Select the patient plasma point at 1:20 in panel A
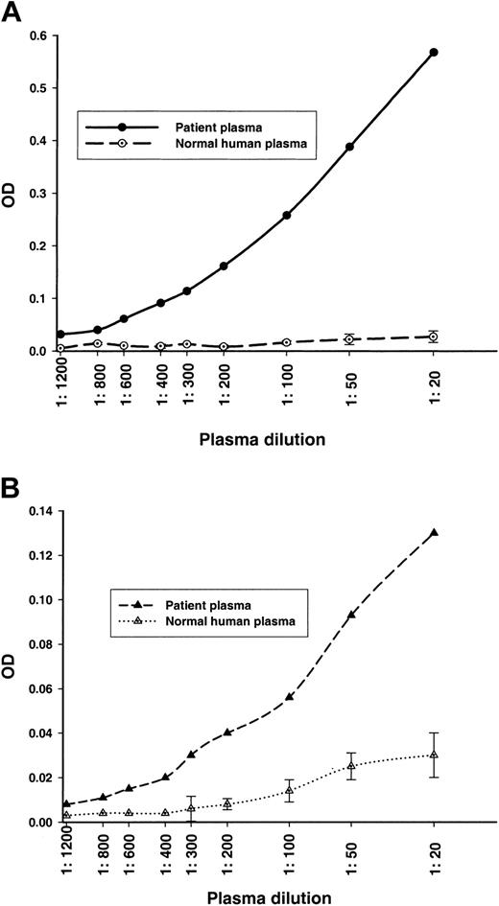point(434,52)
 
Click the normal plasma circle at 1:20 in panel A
point(434,337)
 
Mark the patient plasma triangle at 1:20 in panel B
point(434,532)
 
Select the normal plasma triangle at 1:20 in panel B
point(434,755)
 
